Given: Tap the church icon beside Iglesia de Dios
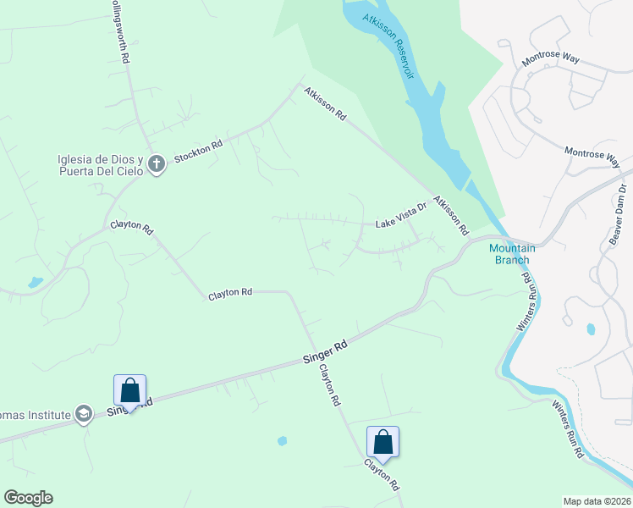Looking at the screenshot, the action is click(156, 164).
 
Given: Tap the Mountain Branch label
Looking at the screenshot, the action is click(511, 254).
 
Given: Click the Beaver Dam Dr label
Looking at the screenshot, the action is click(617, 215).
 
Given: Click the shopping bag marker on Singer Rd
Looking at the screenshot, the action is click(129, 390).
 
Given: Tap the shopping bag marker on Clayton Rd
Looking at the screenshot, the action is click(383, 442).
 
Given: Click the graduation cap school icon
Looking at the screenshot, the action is click(83, 414).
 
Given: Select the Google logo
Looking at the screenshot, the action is click(28, 498).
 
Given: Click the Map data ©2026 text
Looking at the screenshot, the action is click(597, 500).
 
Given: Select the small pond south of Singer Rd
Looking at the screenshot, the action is click(282, 440).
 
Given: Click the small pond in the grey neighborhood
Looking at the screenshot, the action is click(590, 329).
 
